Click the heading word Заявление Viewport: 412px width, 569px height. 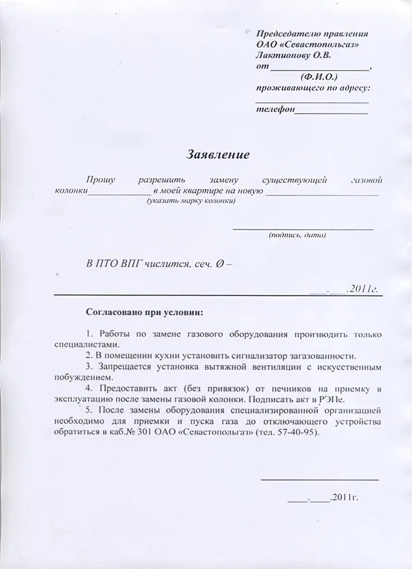(218, 155)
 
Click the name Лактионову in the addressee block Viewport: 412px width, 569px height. (280, 56)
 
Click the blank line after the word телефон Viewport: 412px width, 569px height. (332, 112)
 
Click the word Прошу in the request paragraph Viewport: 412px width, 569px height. (100, 180)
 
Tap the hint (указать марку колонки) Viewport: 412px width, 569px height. (191, 201)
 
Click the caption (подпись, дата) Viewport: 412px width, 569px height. (297, 235)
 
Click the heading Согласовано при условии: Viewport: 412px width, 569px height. (144, 312)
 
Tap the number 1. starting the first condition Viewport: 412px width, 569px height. (90, 334)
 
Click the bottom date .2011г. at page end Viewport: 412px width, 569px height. (344, 497)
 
